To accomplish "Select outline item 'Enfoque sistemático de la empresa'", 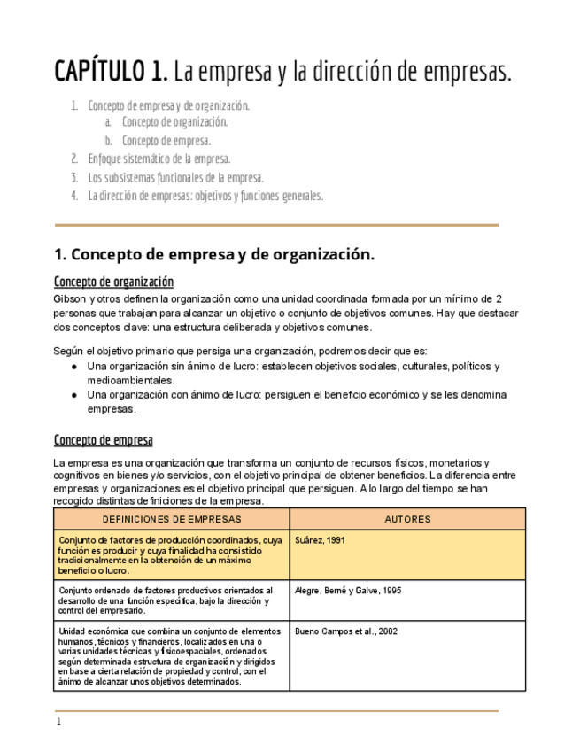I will tap(159, 159).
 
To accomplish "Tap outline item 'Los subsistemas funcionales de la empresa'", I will tap(175, 178).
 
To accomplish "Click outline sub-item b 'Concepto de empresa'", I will tap(166, 141).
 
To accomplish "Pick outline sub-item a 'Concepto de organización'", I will tap(174, 122).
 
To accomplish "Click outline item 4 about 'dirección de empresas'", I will tap(205, 196).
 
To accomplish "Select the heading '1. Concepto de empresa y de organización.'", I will tap(214, 255).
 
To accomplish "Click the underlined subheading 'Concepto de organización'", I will tap(113, 283).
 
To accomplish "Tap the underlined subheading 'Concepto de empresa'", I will tap(103, 440).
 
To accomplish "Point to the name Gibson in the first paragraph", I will tap(71, 299).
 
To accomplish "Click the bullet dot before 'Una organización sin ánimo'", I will tap(75, 367).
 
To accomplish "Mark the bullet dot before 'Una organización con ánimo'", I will tap(75, 395).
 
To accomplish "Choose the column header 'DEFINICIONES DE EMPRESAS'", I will tap(172, 519).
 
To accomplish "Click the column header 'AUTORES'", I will tap(407, 519).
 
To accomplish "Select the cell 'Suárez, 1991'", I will tap(320, 540).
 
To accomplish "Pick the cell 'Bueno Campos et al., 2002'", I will tap(345, 631).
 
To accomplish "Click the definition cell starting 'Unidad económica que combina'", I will tap(171, 656).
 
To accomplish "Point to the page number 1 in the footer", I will tap(58, 723).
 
